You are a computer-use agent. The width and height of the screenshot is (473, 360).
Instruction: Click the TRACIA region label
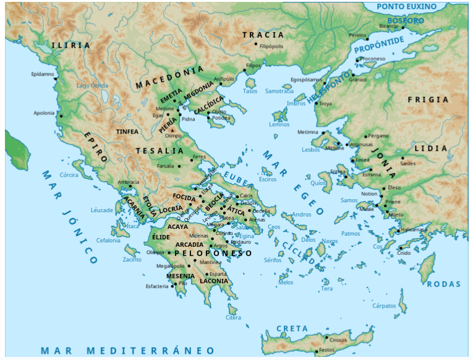pos(263,35)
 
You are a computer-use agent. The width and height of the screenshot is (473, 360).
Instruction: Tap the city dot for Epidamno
pos(56,79)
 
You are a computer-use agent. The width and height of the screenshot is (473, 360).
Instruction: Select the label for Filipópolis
pos(271,46)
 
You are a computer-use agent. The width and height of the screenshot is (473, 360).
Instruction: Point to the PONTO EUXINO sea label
pos(407,6)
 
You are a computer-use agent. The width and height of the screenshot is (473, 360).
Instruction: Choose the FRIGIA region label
pos(428,99)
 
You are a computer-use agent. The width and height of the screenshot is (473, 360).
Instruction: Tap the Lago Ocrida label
pos(92,85)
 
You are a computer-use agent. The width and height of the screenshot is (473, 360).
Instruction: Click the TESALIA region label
pos(160,151)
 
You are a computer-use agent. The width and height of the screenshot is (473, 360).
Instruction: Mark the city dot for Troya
pos(316,103)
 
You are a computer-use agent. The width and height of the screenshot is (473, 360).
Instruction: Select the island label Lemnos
pos(279,124)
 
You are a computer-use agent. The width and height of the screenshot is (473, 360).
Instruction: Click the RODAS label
pos(444,284)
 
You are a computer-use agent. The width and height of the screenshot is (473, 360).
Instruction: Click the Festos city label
pos(326,353)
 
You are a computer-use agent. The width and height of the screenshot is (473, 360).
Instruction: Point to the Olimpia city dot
pos(168,253)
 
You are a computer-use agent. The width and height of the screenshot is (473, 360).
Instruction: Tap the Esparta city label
pos(218,273)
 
